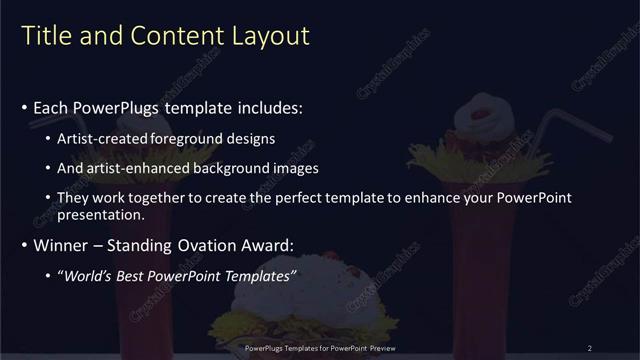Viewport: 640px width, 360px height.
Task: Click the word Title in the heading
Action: point(44,37)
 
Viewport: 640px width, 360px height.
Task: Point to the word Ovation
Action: point(212,245)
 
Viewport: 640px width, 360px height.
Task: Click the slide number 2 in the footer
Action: point(590,348)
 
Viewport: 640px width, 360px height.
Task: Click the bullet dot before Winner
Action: point(24,246)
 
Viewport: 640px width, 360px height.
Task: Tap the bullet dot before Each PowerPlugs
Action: point(24,107)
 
